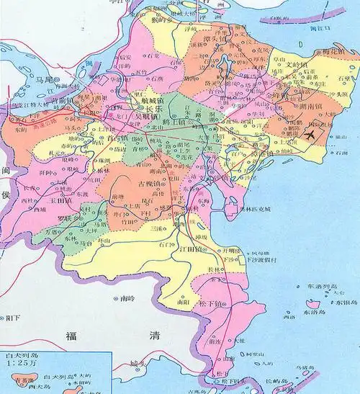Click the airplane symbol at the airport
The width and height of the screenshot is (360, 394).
click(x=310, y=134)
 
